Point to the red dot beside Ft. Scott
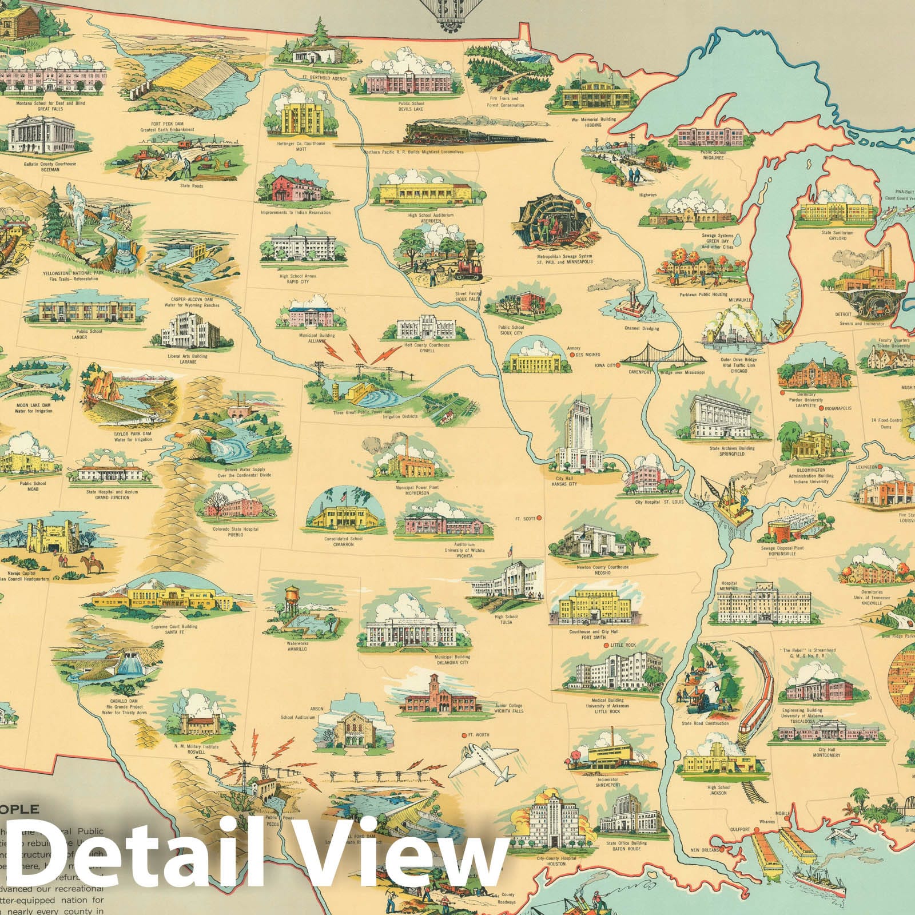pos(539,519)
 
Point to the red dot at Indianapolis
pos(822,408)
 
